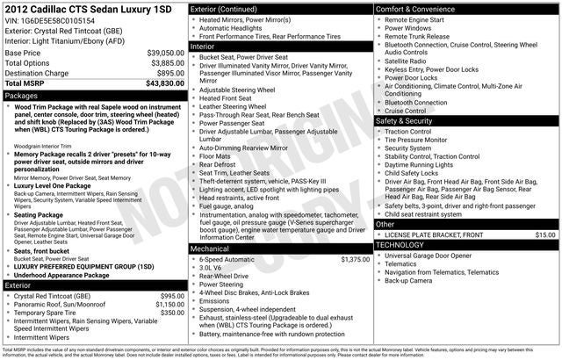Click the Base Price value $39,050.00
tap(165, 53)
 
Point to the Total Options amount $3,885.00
tap(167, 63)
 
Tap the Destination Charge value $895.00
tap(170, 74)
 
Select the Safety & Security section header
tap(408, 120)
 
